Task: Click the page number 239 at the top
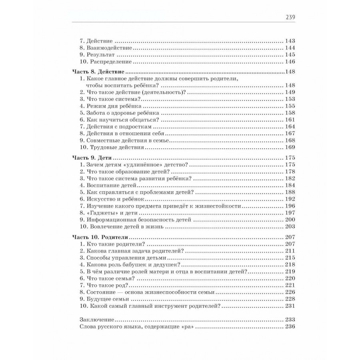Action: pos(289,17)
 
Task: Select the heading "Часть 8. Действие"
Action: pos(98,72)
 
